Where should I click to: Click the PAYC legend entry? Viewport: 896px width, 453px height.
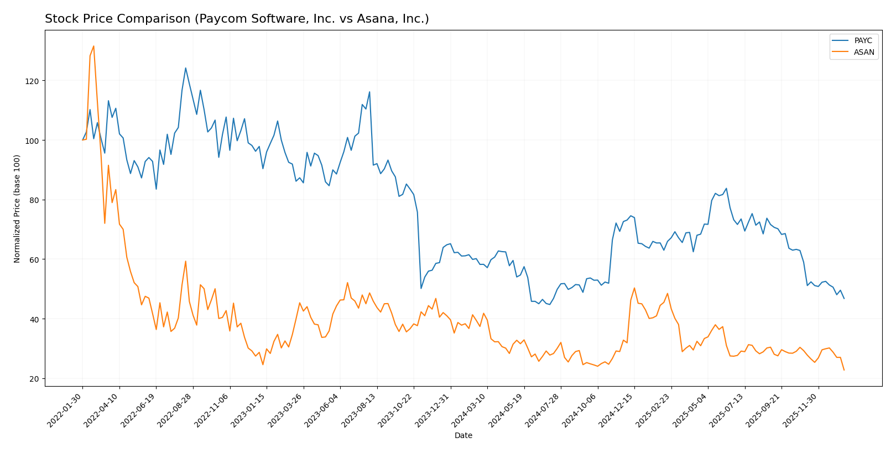click(863, 41)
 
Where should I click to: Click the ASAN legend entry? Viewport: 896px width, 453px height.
click(863, 53)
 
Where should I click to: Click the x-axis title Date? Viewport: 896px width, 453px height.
click(463, 436)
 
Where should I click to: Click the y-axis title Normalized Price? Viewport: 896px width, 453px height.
click(17, 209)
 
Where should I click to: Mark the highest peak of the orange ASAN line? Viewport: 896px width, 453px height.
click(93, 46)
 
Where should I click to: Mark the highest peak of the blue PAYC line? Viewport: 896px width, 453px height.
click(185, 68)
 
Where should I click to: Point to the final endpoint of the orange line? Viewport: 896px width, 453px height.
click(844, 370)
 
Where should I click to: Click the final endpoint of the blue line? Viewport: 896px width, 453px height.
click(844, 299)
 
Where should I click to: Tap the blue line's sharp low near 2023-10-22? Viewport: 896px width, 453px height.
click(421, 288)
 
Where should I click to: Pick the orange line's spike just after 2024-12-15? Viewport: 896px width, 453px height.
click(634, 288)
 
